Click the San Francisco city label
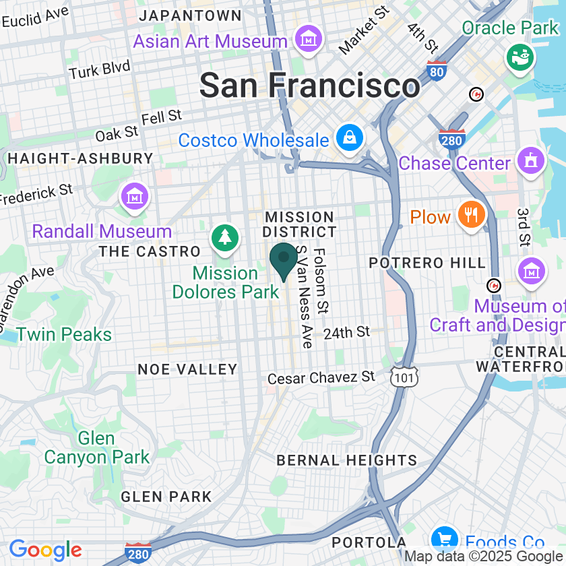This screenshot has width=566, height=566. (310, 86)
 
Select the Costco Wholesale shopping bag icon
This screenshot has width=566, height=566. (350, 139)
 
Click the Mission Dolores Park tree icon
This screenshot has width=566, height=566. (225, 238)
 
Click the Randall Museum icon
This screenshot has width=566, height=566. (133, 197)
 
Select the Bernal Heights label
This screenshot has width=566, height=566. (347, 460)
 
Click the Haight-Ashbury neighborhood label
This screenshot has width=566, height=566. (80, 158)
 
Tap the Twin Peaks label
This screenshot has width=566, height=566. (64, 334)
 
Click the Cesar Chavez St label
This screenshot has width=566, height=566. (321, 377)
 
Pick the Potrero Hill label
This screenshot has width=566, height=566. (427, 262)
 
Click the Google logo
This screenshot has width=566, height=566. (44, 550)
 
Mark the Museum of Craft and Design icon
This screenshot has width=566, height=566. (531, 271)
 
